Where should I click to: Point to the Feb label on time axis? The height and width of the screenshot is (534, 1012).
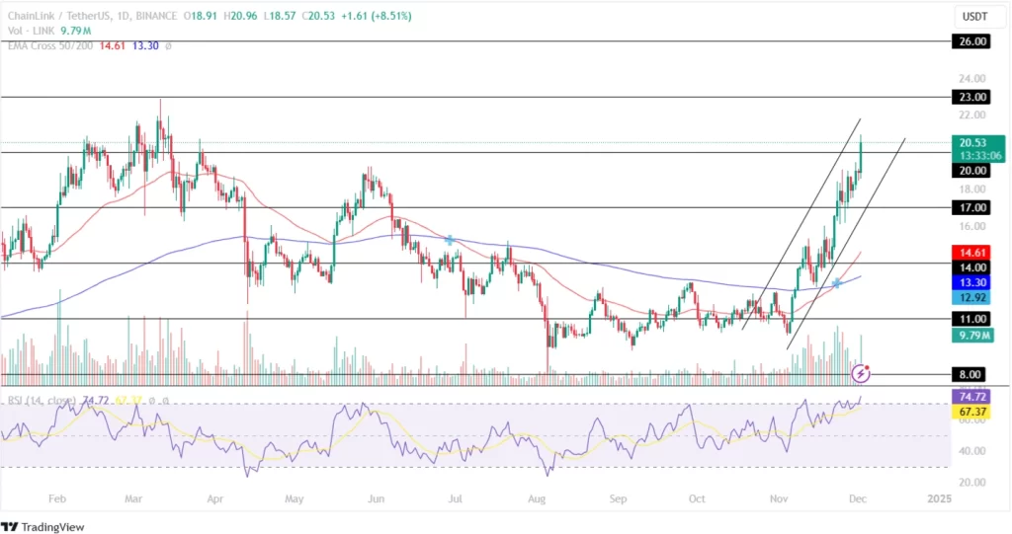coord(57,499)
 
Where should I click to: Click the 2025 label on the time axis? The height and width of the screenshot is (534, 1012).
coord(939,499)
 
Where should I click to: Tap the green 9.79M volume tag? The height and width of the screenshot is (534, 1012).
coord(973,337)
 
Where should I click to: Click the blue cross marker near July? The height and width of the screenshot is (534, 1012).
coord(451,240)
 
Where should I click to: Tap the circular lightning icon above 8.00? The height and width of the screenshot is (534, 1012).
coord(861,373)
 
